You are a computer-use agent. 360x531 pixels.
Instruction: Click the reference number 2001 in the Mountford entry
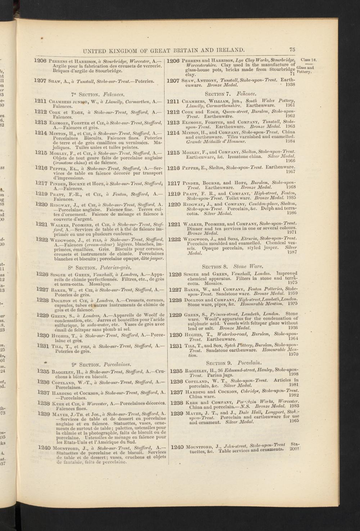click(x=294, y=449)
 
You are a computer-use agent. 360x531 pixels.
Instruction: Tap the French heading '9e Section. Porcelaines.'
click(x=101, y=361)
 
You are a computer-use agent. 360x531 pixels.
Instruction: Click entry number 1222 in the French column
click(x=43, y=239)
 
